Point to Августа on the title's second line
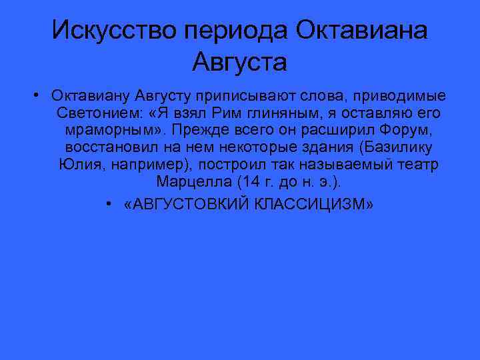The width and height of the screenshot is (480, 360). (x=239, y=63)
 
